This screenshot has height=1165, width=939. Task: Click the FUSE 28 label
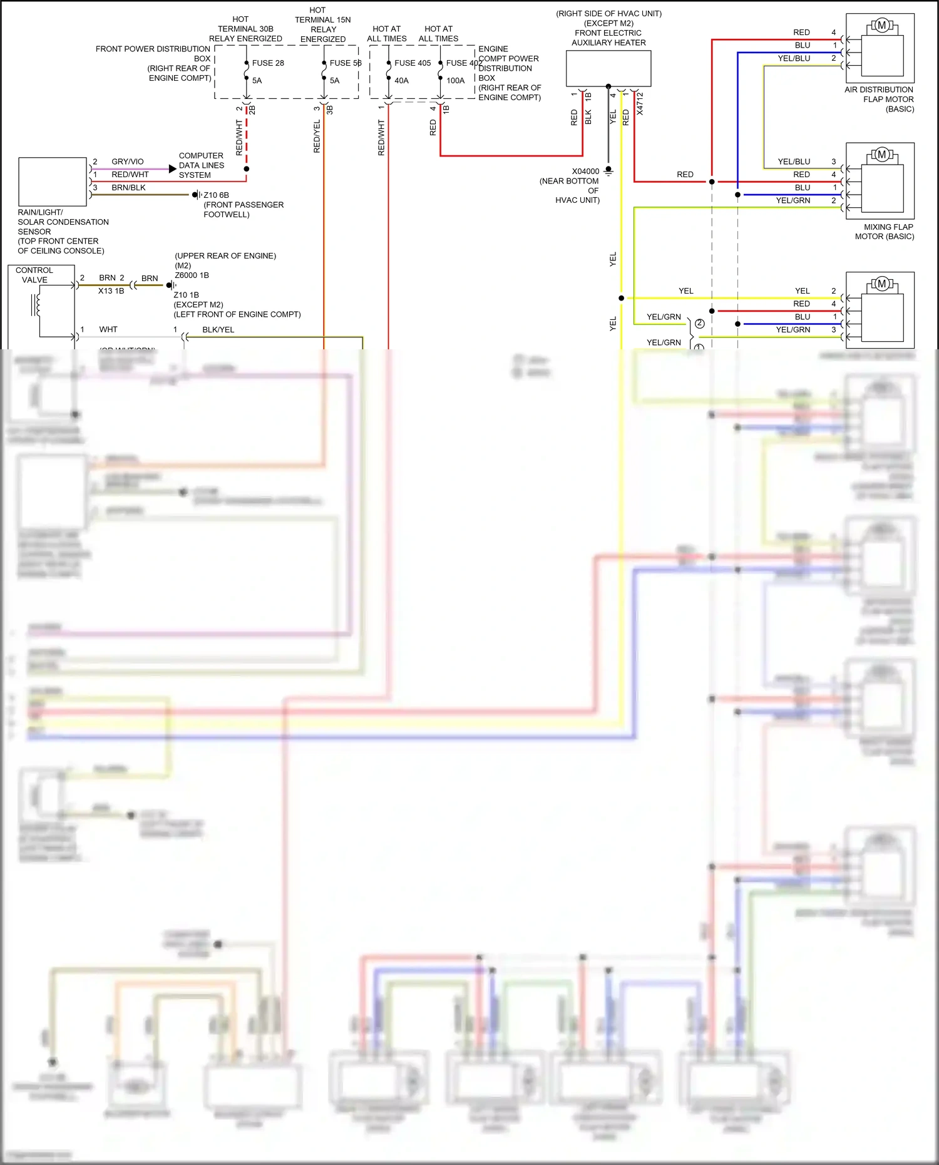(x=268, y=63)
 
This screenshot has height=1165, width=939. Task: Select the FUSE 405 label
(x=413, y=63)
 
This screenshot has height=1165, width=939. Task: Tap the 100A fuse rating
(x=455, y=81)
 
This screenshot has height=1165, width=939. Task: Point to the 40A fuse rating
(x=401, y=81)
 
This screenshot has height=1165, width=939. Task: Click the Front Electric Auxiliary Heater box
(x=608, y=68)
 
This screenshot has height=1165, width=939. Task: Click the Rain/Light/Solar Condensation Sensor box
(x=53, y=182)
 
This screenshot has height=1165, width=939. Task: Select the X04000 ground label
(x=585, y=172)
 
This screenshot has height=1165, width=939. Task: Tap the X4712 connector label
(x=640, y=104)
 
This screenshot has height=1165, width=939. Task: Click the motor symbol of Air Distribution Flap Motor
(x=881, y=26)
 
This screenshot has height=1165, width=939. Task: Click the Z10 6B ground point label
(x=216, y=195)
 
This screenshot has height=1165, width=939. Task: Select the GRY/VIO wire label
(x=127, y=162)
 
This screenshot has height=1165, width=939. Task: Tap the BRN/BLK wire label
(x=128, y=188)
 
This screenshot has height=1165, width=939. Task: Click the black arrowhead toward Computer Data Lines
(x=172, y=169)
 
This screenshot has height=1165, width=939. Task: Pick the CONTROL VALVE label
(x=34, y=275)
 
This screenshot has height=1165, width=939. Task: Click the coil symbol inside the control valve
(x=36, y=305)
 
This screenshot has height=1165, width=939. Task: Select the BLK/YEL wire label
(x=218, y=330)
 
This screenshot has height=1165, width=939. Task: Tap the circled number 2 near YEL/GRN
(x=700, y=324)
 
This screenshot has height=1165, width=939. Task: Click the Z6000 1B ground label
(x=192, y=275)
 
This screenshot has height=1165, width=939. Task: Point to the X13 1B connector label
(x=111, y=291)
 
